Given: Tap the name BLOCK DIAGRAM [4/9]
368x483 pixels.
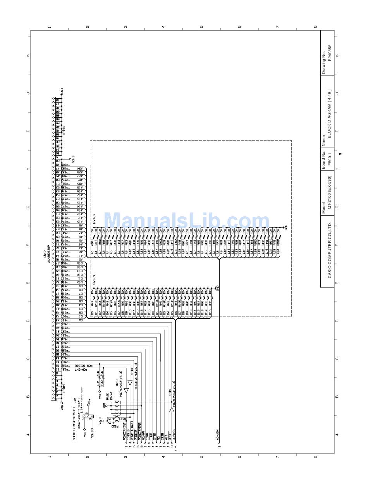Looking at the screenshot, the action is coord(330,114).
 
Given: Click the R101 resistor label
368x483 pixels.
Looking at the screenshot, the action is coord(92,243).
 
